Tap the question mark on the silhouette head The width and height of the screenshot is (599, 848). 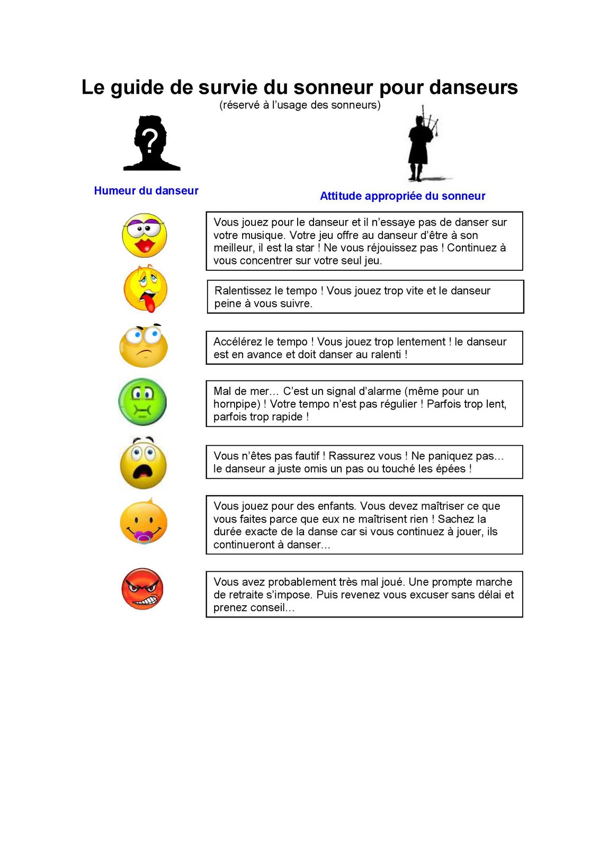click(150, 141)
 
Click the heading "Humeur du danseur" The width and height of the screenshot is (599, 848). click(146, 191)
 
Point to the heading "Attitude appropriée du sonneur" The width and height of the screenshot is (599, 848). click(403, 196)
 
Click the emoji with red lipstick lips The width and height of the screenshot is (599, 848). click(144, 235)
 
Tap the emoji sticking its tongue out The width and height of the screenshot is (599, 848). click(145, 289)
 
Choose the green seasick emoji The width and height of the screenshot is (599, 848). click(142, 402)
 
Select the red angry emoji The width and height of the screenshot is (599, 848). click(142, 589)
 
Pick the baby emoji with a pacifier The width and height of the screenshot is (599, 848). click(144, 523)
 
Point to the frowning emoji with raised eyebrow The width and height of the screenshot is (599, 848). click(144, 346)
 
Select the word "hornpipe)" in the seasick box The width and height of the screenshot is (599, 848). click(237, 404)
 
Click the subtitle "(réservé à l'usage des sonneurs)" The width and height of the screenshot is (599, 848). click(300, 105)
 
